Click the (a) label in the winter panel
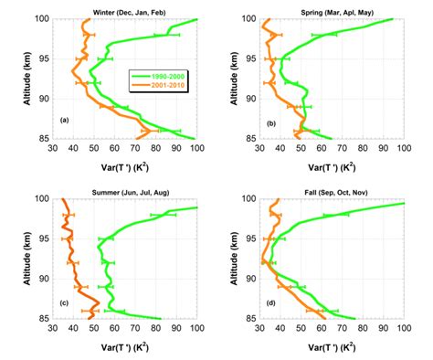point(64,121)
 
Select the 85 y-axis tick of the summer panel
point(47,319)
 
